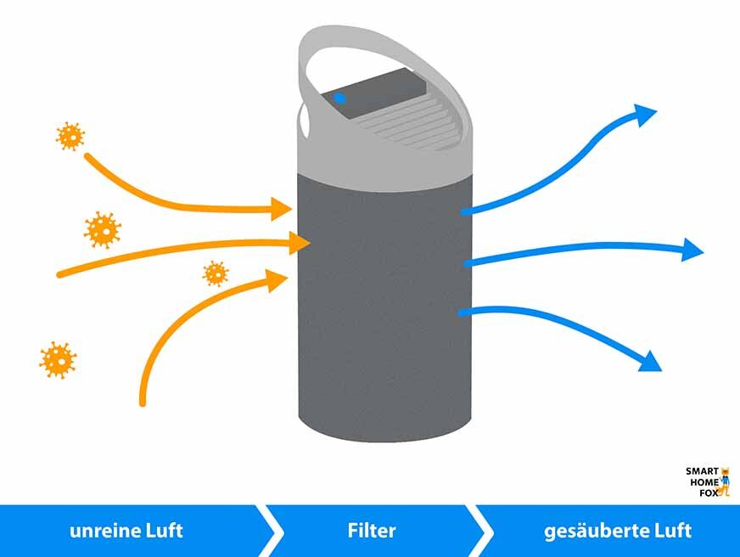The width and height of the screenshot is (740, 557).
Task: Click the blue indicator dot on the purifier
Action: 340,98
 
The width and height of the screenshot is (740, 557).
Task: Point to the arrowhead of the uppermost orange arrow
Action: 283,207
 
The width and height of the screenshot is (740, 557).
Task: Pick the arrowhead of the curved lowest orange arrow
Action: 277,280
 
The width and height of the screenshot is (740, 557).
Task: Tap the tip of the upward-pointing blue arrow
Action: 647,114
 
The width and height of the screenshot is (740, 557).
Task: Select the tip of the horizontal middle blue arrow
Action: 694,250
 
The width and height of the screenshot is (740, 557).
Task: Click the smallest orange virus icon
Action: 216,273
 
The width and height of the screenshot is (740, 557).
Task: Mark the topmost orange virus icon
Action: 70,135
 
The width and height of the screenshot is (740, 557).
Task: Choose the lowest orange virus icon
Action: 58,360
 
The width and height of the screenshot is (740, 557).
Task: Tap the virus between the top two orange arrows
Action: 103,228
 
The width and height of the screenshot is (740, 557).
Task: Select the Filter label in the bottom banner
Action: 371,532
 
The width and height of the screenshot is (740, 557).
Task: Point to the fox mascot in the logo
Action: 724,481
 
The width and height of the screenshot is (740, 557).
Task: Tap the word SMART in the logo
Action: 702,471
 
